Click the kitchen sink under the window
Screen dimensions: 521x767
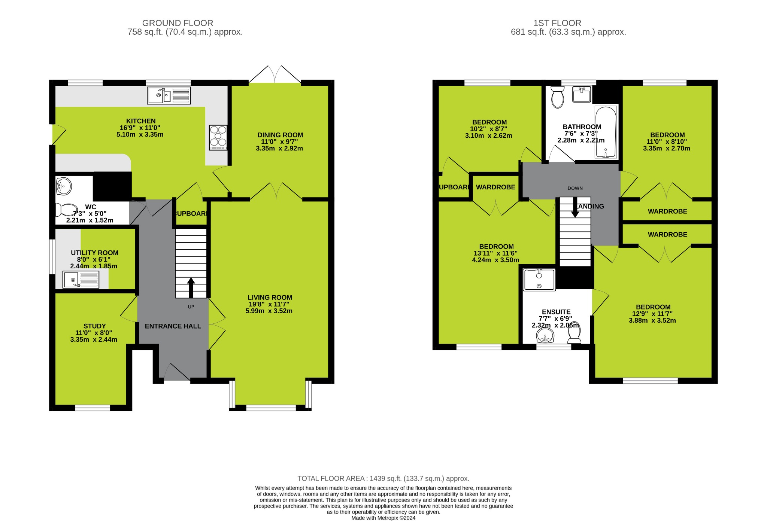click(169, 95)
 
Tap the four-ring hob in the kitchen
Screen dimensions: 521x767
click(218, 137)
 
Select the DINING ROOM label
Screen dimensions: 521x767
click(280, 135)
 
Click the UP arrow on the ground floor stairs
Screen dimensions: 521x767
click(191, 287)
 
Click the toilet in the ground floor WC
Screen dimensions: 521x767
click(66, 210)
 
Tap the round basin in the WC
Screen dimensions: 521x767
click(64, 186)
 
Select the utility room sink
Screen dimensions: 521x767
click(81, 280)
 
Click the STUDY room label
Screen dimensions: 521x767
click(94, 326)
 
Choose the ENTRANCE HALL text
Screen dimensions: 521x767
click(173, 326)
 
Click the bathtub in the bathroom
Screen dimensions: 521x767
click(606, 132)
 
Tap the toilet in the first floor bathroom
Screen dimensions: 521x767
click(558, 97)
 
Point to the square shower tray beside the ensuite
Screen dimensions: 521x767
click(539, 280)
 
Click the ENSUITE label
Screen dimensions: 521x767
click(556, 312)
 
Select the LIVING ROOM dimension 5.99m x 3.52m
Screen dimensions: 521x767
click(269, 311)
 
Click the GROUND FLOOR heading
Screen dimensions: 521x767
click(178, 23)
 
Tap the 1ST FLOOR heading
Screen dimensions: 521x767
click(557, 23)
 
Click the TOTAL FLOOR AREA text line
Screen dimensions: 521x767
click(383, 479)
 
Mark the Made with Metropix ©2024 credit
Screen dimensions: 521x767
click(383, 518)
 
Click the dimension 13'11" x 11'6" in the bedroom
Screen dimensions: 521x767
click(495, 253)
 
